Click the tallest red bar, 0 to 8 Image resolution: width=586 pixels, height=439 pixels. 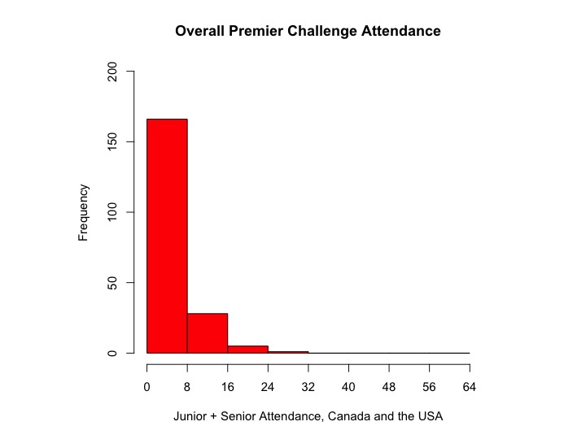(x=167, y=236)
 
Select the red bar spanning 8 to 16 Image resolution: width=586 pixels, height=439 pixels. (x=207, y=333)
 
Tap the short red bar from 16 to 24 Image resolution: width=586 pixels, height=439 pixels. (x=247, y=350)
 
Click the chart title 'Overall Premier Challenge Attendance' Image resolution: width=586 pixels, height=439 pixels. (x=308, y=32)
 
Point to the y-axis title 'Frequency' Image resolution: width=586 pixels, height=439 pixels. (x=83, y=212)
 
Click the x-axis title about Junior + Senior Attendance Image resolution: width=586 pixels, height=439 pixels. (x=308, y=415)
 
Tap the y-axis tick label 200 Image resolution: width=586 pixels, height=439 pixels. (x=114, y=72)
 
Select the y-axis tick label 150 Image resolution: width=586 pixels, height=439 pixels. (x=114, y=142)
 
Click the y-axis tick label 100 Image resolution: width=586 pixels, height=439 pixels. (x=114, y=212)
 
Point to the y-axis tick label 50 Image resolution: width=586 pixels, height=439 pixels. (x=114, y=283)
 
